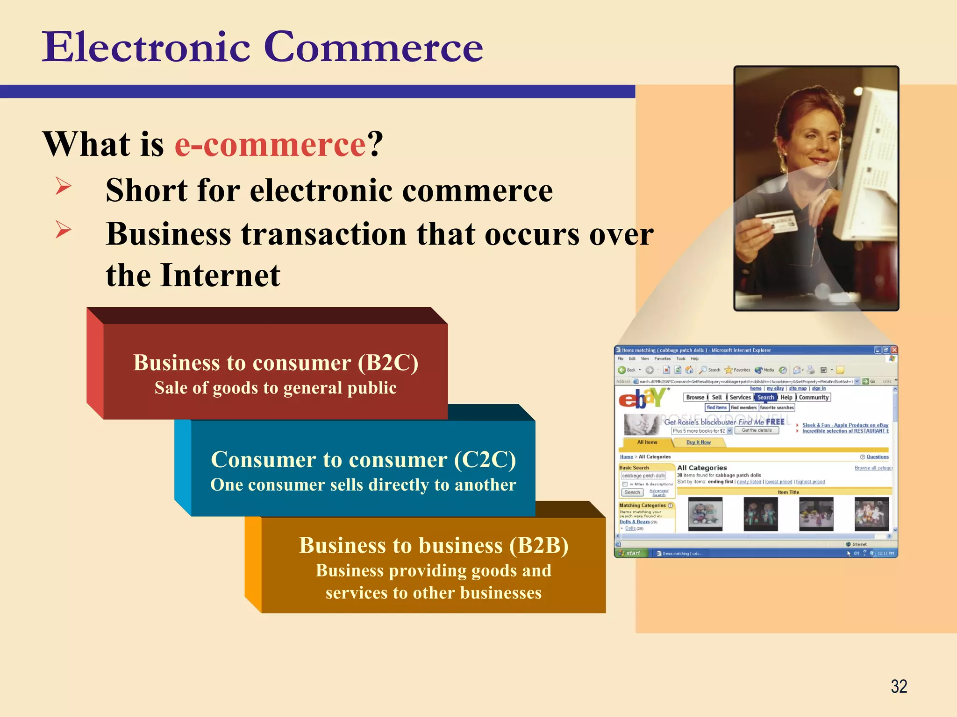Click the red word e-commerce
point(270,144)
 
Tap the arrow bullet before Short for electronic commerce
point(63,186)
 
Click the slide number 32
point(899,686)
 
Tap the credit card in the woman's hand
point(776,222)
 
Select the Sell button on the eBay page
point(717,397)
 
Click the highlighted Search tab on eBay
point(765,397)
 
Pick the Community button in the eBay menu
point(814,397)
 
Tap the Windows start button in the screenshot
point(630,553)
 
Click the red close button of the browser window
point(894,350)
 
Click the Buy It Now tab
point(698,442)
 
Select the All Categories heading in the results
point(702,468)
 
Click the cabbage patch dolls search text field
point(643,476)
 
